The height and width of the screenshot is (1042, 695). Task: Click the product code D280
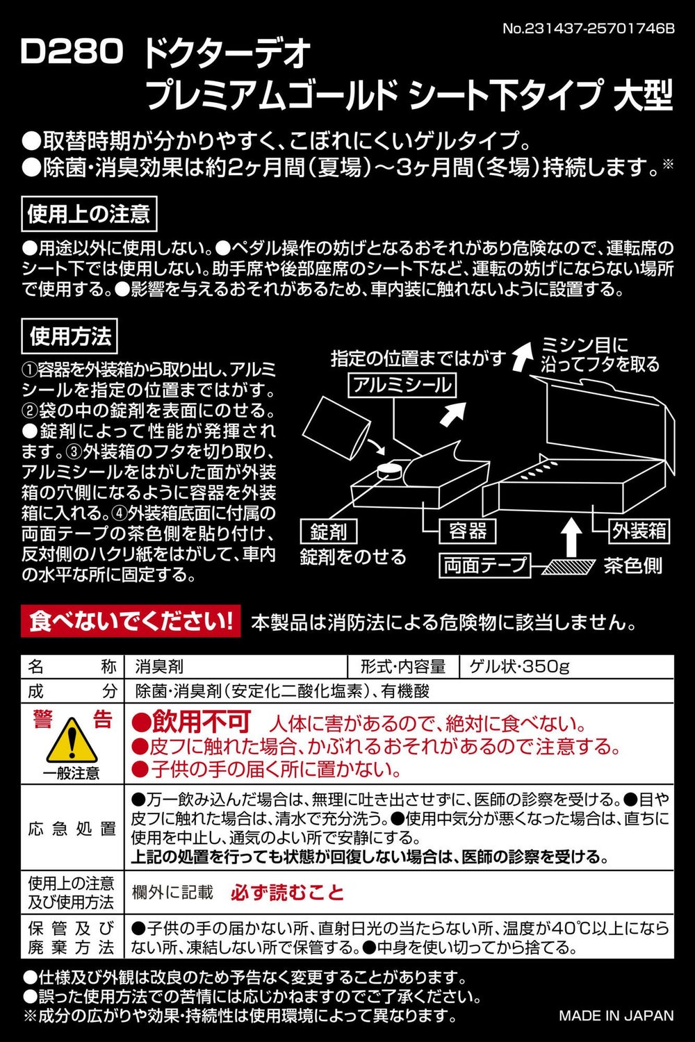(72, 51)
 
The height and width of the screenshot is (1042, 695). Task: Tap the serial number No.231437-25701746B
(588, 29)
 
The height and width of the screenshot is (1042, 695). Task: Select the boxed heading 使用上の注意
(89, 214)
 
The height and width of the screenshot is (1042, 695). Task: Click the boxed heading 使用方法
(69, 336)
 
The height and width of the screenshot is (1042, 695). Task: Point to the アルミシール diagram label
(402, 386)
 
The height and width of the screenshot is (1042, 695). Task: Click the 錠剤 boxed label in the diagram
(329, 531)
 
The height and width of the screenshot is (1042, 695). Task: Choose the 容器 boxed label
(467, 531)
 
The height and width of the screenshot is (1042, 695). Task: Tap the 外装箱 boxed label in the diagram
(639, 531)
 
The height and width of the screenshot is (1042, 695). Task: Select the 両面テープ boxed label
(484, 565)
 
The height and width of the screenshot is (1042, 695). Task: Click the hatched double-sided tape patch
(569, 566)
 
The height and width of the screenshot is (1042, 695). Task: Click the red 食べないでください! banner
(131, 621)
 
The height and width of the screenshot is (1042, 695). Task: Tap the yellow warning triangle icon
(72, 740)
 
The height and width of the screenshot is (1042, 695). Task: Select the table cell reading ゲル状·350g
(519, 667)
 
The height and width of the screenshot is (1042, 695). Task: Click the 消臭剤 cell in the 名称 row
(159, 667)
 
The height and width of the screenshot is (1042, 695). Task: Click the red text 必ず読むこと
(287, 892)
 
